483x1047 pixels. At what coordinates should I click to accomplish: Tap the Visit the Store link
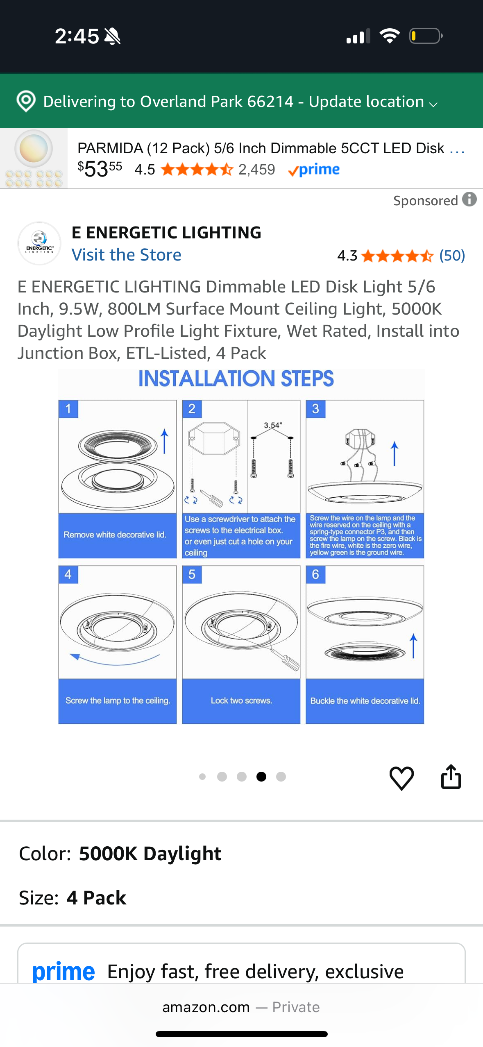(x=126, y=255)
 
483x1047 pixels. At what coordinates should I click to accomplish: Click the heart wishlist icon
(x=401, y=777)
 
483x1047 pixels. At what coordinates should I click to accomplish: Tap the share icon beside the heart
(x=451, y=777)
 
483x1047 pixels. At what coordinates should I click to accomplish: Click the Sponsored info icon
(x=469, y=199)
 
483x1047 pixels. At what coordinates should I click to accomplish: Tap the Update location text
(x=366, y=102)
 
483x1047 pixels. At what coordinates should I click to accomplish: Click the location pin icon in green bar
(x=26, y=101)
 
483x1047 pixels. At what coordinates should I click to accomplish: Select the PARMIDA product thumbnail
(x=34, y=158)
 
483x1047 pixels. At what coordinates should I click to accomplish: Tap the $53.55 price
(x=100, y=168)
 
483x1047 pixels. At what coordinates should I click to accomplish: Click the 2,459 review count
(x=256, y=169)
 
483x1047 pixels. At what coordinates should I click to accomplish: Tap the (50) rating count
(x=452, y=256)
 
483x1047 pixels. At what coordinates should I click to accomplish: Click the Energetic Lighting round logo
(x=39, y=243)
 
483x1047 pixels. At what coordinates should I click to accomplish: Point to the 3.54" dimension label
(x=273, y=425)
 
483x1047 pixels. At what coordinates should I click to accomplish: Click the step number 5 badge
(x=192, y=574)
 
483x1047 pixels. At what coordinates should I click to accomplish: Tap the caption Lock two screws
(x=241, y=700)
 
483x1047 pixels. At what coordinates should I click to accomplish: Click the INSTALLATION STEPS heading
(x=236, y=378)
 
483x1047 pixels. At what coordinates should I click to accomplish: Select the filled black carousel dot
(x=261, y=776)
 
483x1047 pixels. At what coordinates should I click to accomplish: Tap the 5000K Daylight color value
(x=150, y=854)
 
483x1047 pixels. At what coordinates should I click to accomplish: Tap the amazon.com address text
(x=206, y=1007)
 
